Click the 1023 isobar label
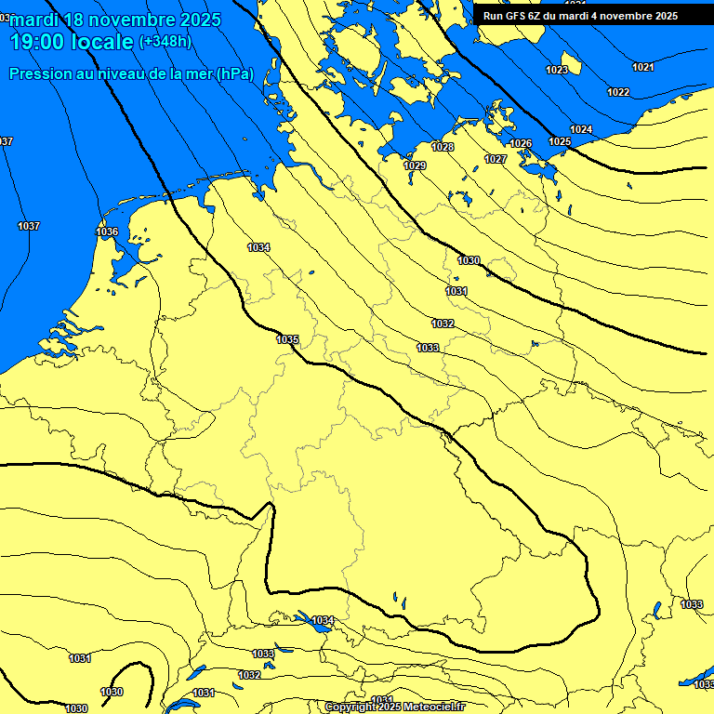[557, 71]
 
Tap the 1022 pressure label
[618, 92]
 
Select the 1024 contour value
[581, 129]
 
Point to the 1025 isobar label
[560, 141]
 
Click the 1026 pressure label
[521, 144]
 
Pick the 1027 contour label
[496, 160]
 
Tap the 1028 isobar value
[443, 148]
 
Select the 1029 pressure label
[415, 165]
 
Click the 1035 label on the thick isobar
[287, 339]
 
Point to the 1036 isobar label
[107, 231]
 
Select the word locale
[103, 42]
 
